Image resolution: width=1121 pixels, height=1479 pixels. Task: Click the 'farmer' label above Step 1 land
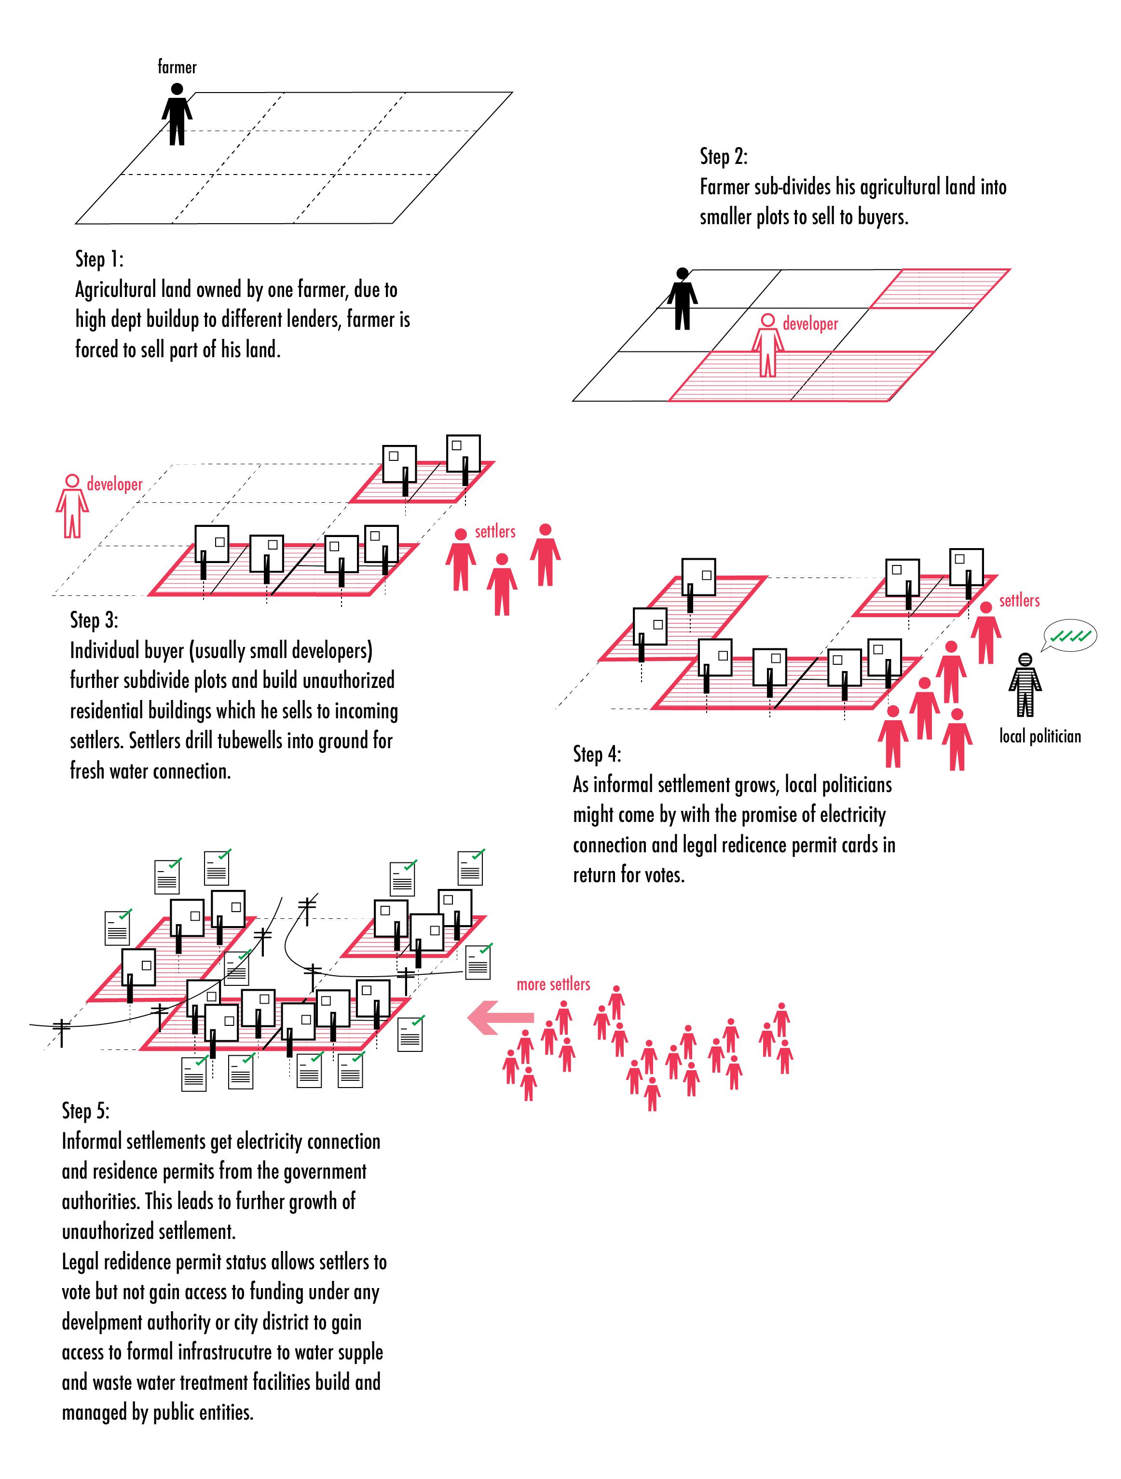[177, 67]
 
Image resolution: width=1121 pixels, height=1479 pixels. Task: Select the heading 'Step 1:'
[99, 259]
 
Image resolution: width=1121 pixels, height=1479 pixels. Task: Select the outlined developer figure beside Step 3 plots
[71, 506]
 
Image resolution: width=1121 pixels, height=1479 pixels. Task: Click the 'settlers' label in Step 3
[495, 532]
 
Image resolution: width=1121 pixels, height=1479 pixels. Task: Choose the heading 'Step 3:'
[94, 620]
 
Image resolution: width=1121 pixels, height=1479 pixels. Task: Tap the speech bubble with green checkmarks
[1069, 636]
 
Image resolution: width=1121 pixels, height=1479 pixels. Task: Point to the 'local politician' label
[1040, 736]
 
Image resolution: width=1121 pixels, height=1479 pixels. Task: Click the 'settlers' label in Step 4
[1019, 601]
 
